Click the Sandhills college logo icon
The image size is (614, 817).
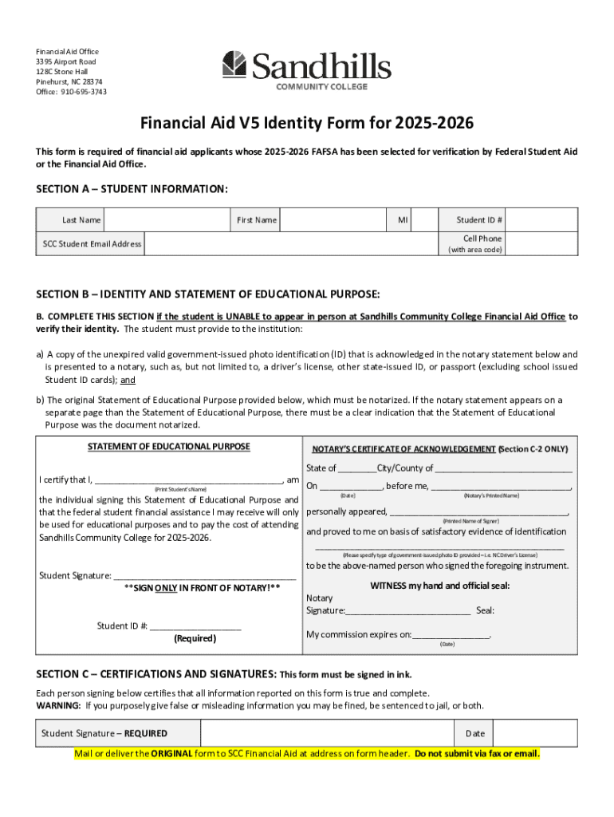click(x=234, y=65)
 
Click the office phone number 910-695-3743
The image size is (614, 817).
click(x=83, y=92)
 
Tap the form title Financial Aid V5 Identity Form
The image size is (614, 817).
click(x=307, y=124)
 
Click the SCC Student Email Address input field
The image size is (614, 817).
click(x=290, y=243)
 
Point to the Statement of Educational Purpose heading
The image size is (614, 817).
click(x=168, y=447)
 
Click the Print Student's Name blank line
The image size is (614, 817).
click(x=187, y=480)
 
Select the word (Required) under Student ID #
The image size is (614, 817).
click(x=195, y=638)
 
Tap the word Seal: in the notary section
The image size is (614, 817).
click(x=485, y=611)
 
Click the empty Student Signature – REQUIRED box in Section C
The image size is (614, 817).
click(x=327, y=733)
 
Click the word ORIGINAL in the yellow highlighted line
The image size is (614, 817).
click(x=172, y=754)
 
